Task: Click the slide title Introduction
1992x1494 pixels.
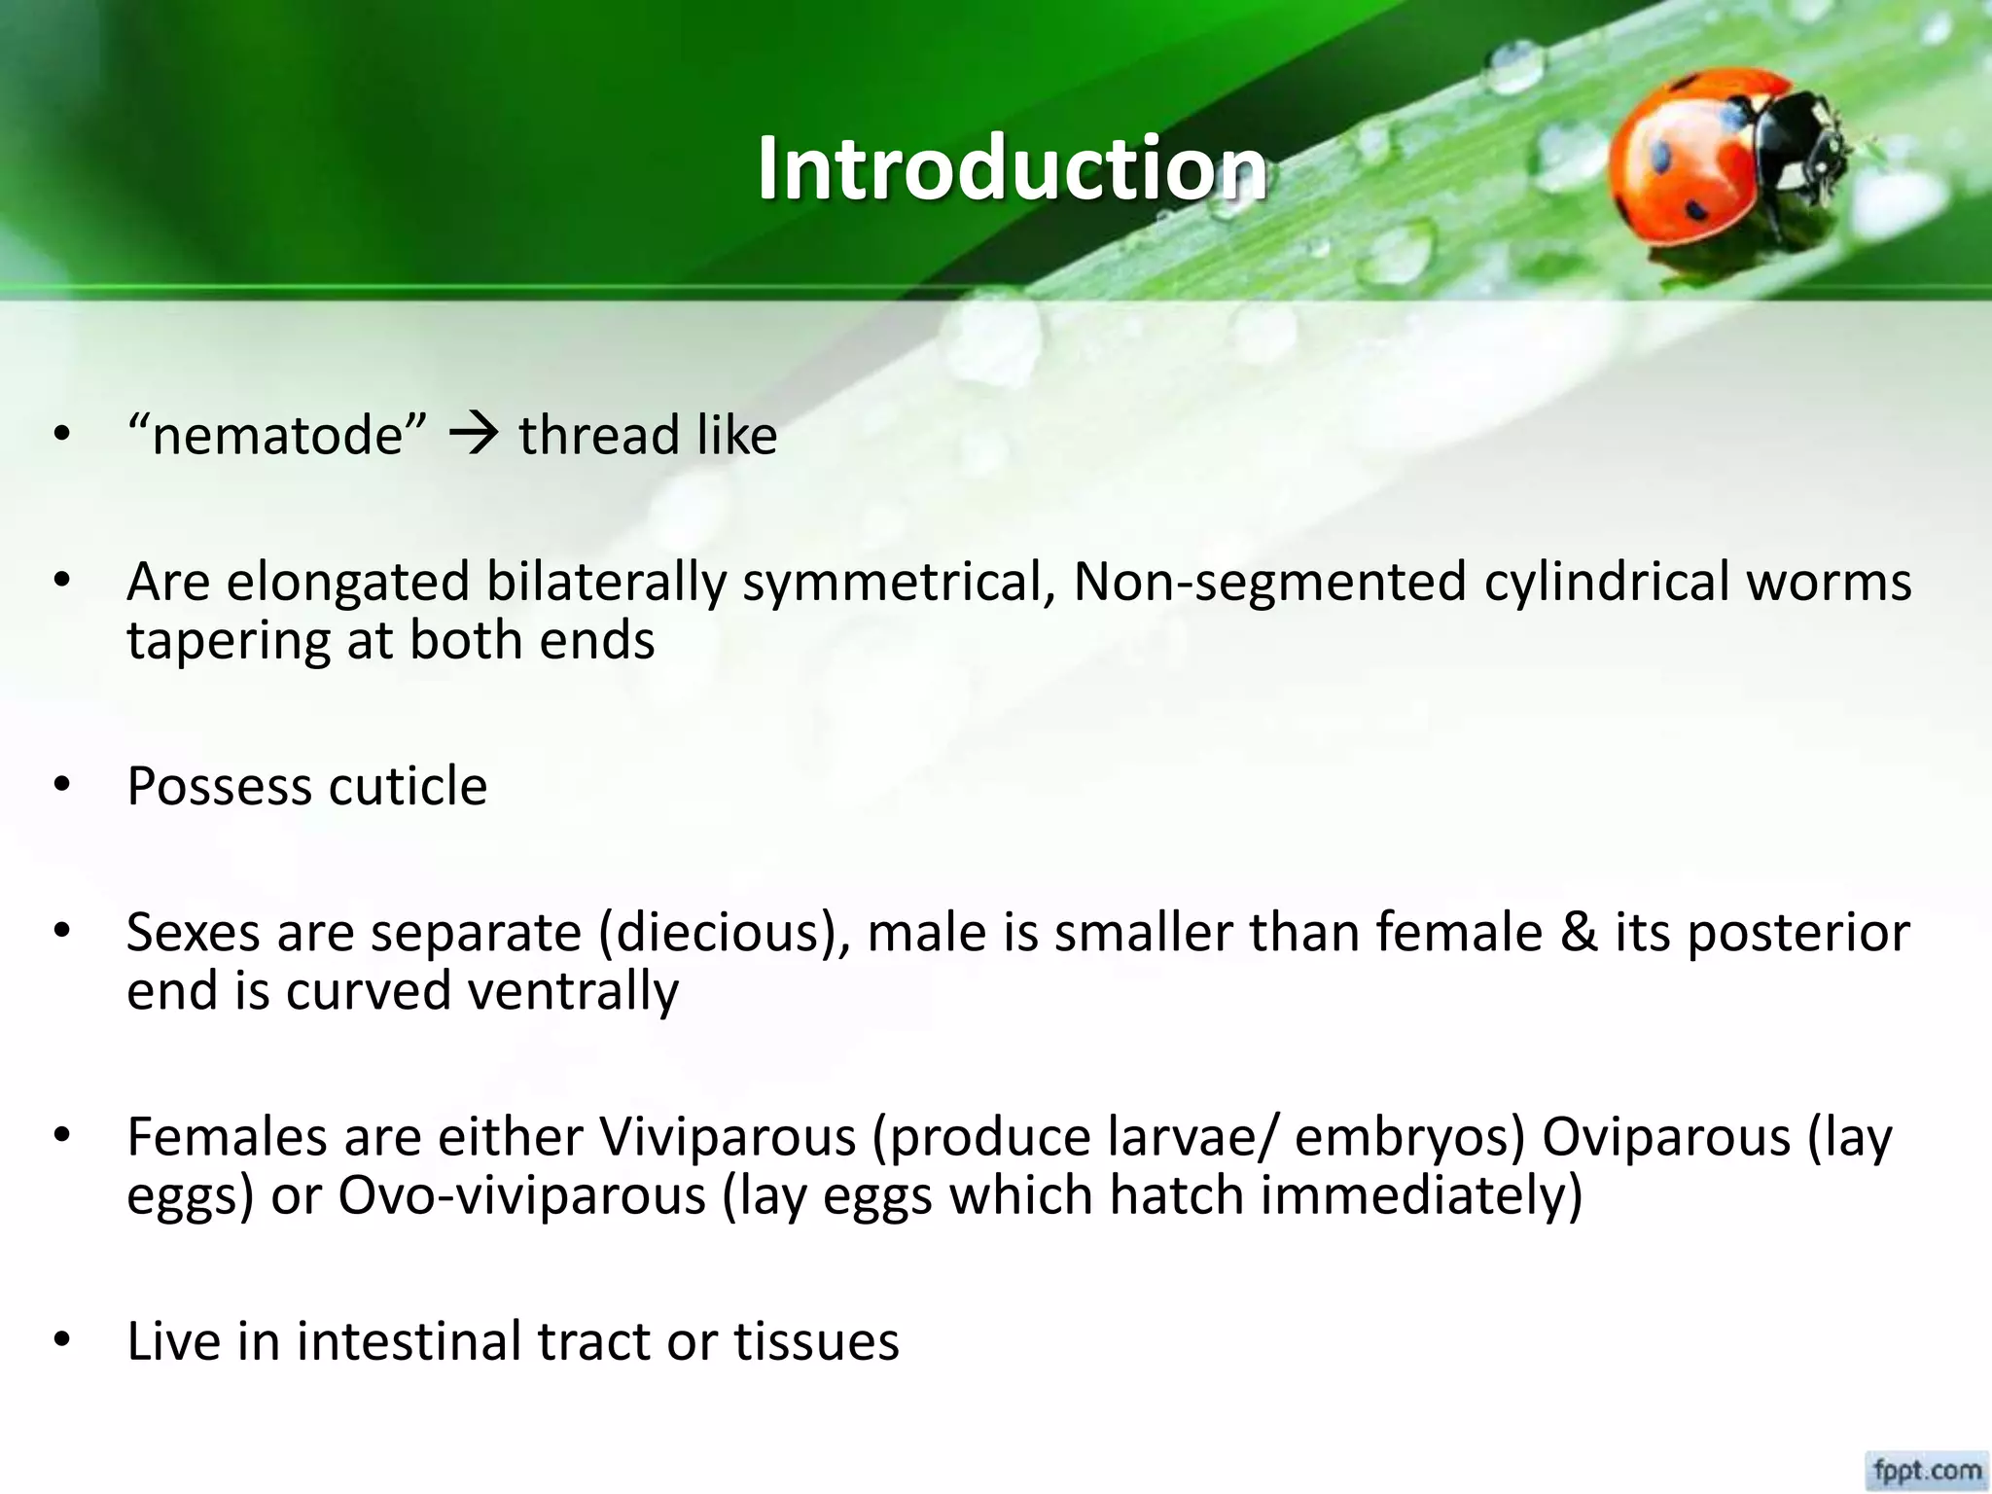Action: click(1012, 168)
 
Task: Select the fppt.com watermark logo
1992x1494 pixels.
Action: click(1927, 1470)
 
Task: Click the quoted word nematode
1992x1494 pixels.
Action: click(277, 435)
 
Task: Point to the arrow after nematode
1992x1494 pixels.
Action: click(474, 435)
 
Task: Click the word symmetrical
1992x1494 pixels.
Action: click(899, 583)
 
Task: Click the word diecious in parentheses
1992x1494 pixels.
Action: click(724, 933)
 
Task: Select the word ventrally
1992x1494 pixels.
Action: click(573, 992)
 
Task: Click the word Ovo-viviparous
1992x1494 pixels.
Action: click(521, 1196)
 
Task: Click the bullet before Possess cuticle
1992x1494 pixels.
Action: click(63, 785)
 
